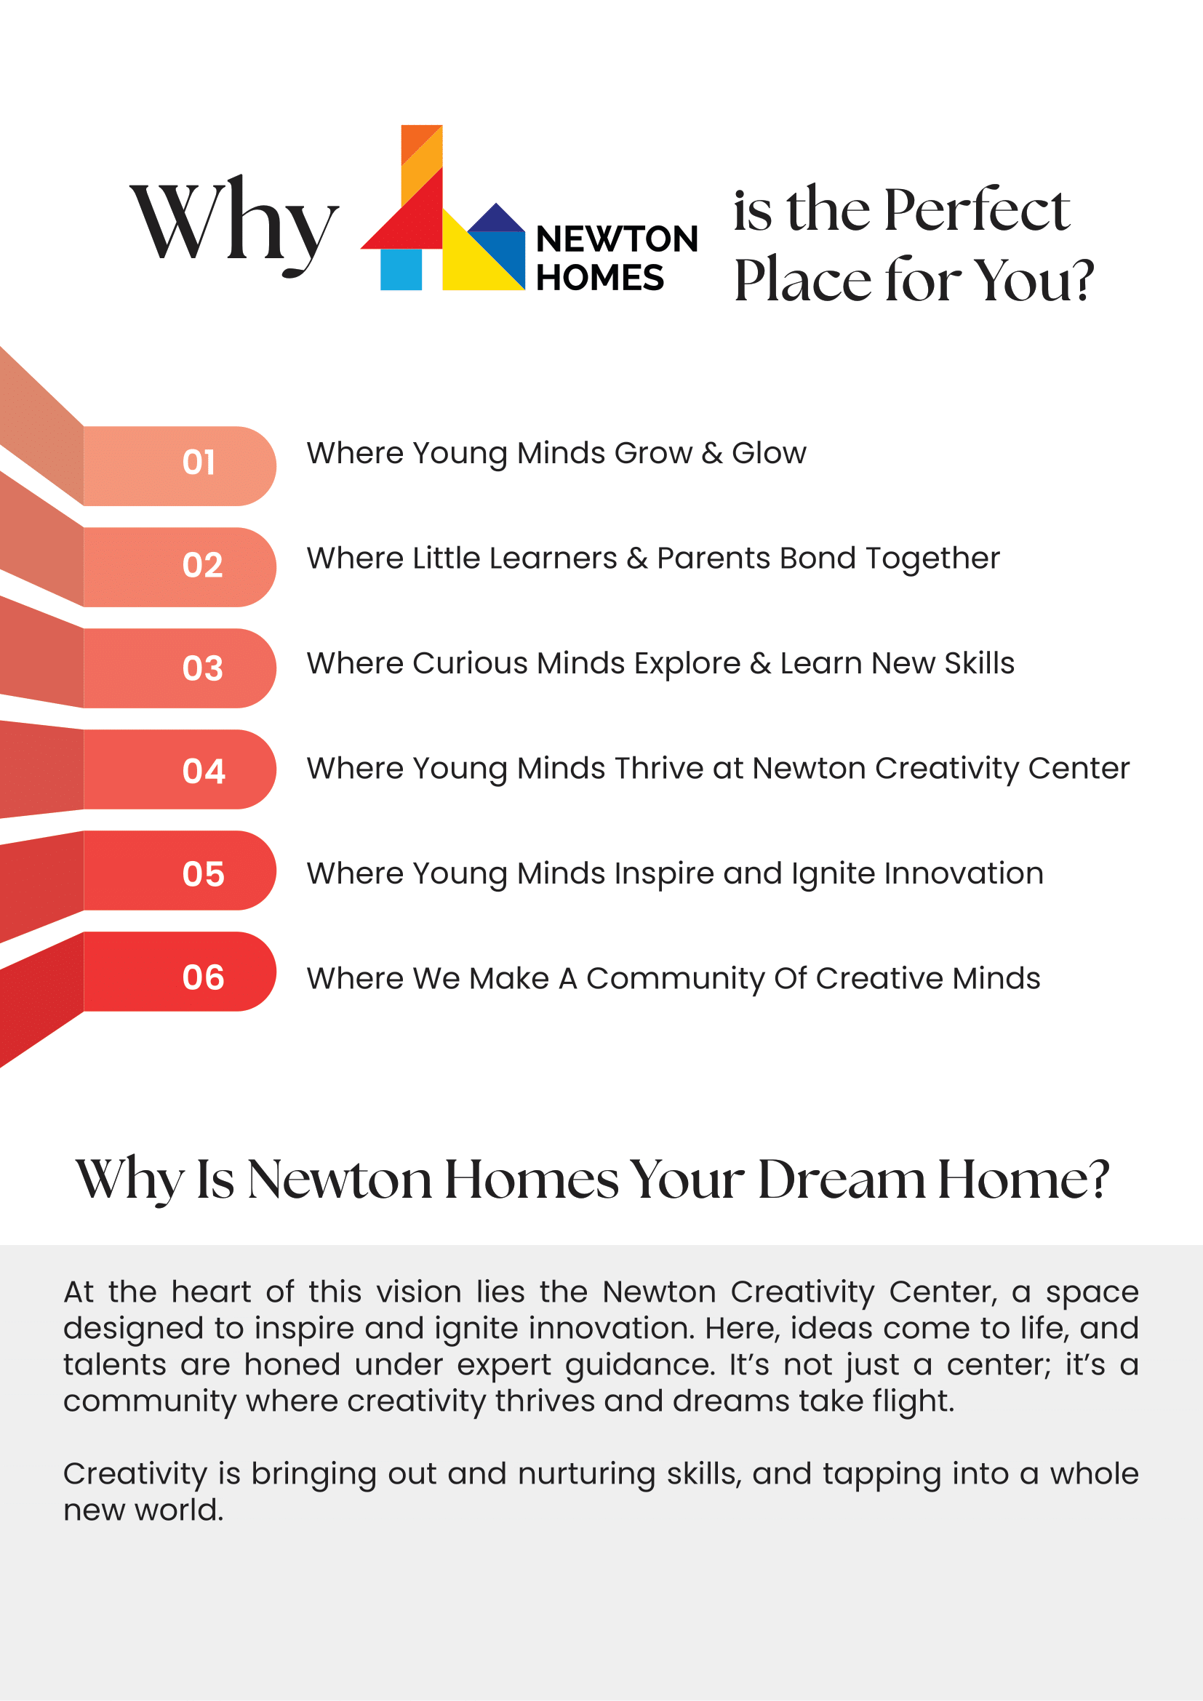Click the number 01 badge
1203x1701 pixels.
(x=199, y=463)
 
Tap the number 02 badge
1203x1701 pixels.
(x=202, y=566)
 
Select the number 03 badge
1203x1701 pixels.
(x=202, y=669)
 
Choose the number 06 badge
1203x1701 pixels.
(x=203, y=978)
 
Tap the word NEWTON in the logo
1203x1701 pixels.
(x=616, y=239)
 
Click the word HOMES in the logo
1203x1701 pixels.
(x=599, y=278)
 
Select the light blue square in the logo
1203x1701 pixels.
(x=401, y=269)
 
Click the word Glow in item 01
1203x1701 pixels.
(x=769, y=453)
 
